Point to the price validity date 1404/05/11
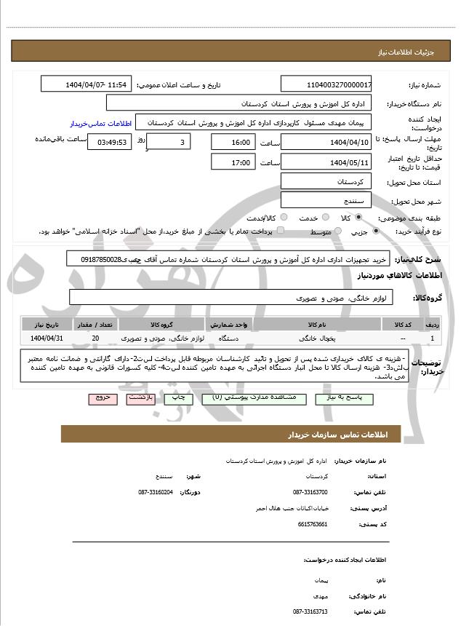326,162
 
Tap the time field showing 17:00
233,162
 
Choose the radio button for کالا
358,217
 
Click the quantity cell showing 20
95,338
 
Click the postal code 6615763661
313,524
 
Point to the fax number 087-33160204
155,493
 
